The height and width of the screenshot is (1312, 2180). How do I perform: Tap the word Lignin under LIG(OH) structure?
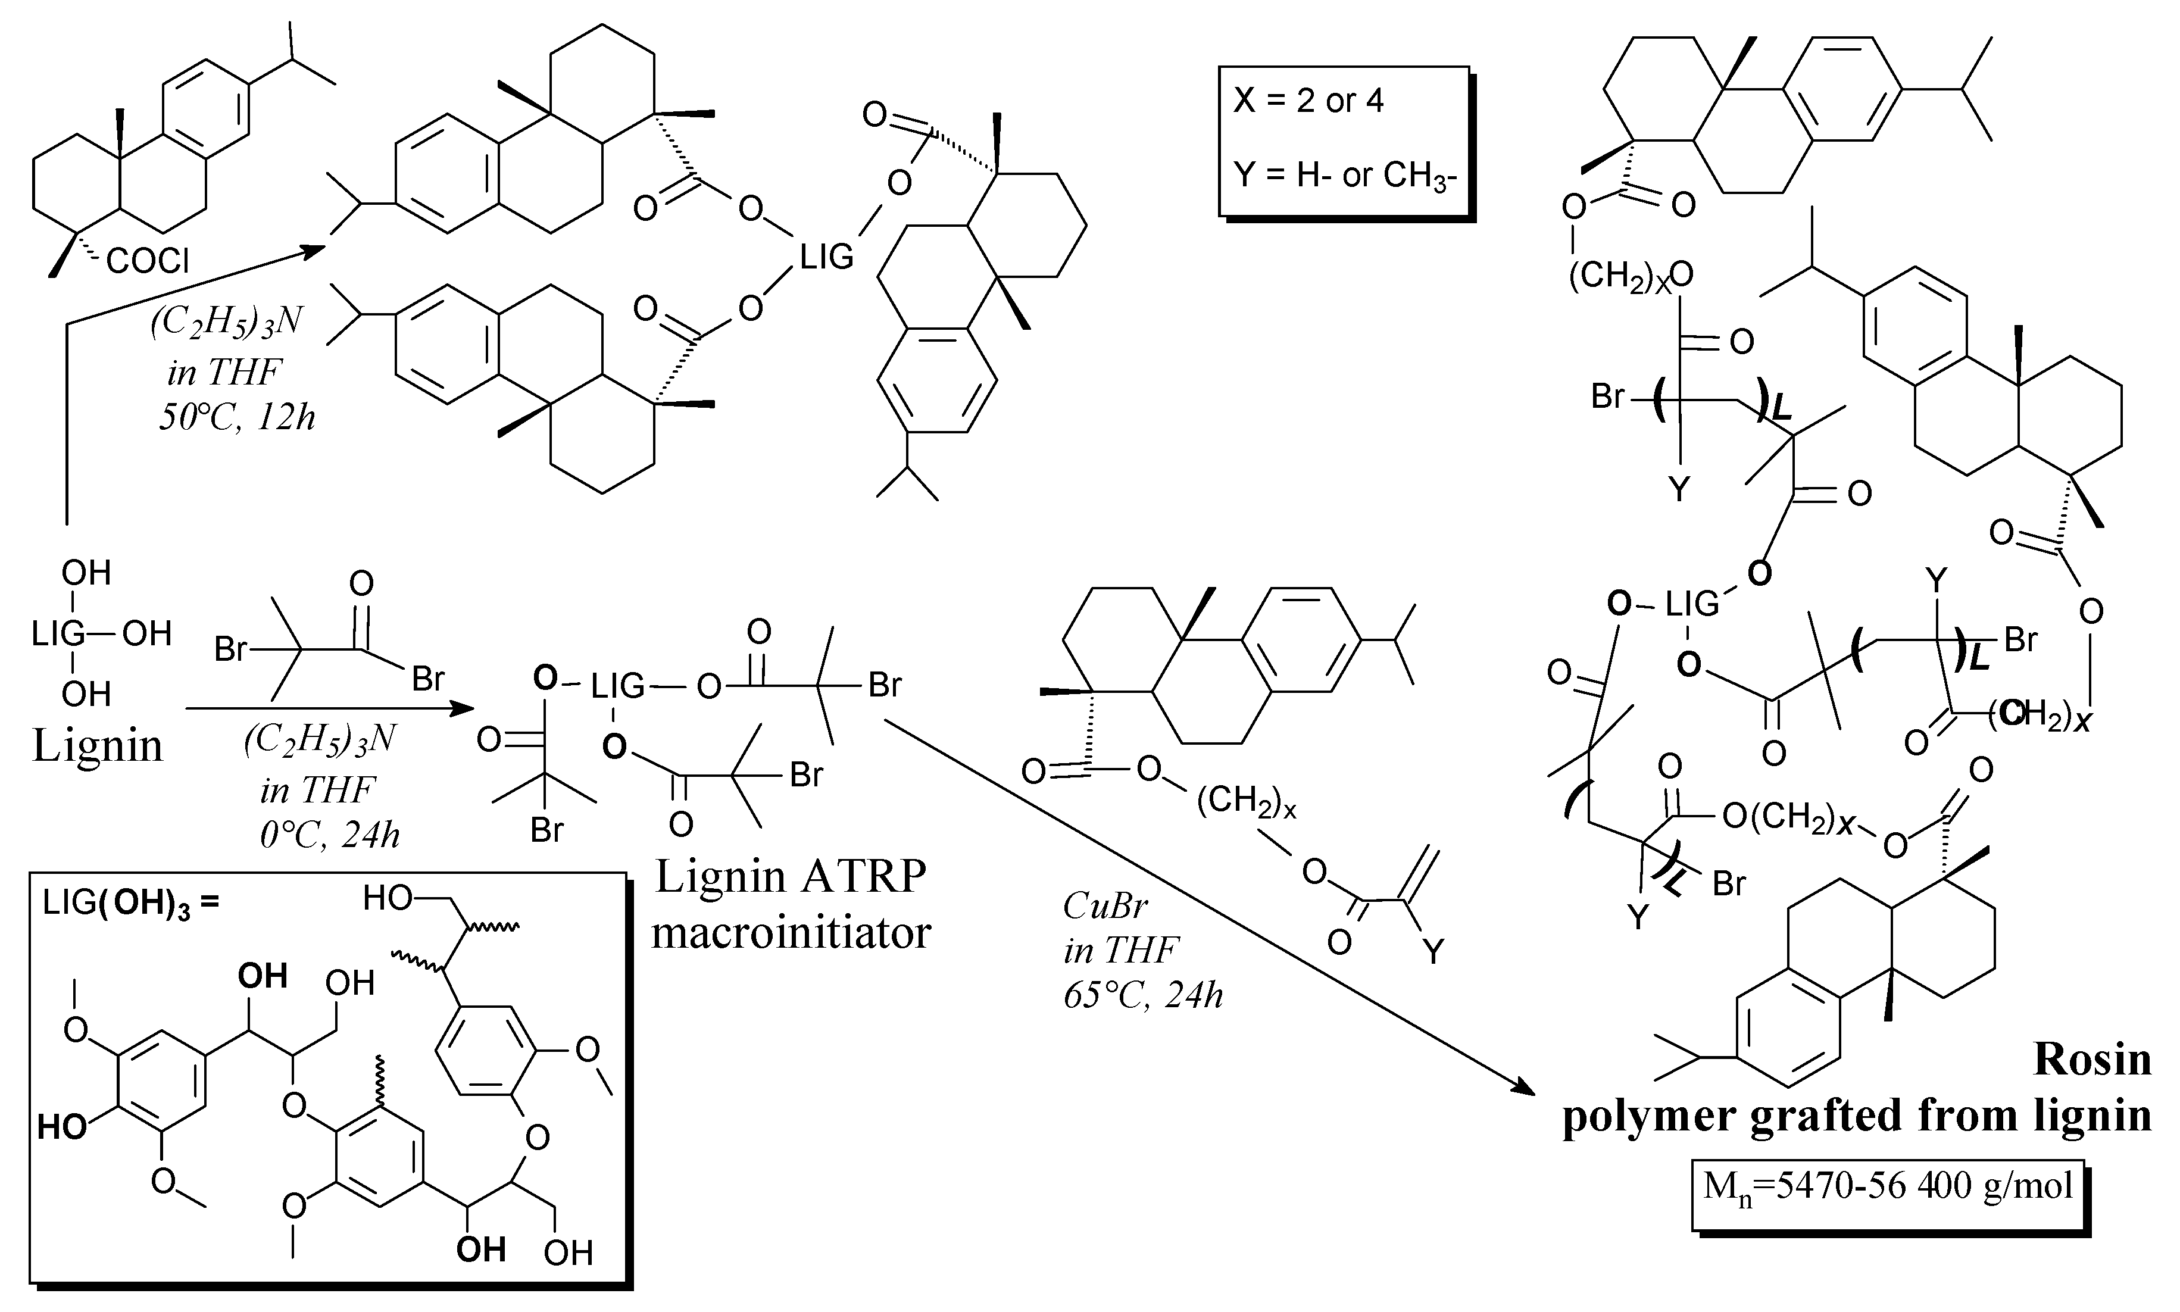click(97, 745)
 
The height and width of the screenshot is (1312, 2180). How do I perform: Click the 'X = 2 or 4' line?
click(1308, 101)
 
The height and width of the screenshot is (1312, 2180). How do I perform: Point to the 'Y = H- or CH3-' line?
click(1344, 175)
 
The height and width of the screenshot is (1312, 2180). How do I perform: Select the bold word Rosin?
click(2092, 1059)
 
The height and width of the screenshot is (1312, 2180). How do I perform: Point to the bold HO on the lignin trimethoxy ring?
click(62, 1127)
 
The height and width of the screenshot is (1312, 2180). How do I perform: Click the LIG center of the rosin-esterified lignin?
click(826, 257)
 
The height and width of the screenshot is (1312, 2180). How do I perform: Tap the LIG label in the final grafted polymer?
click(1692, 605)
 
